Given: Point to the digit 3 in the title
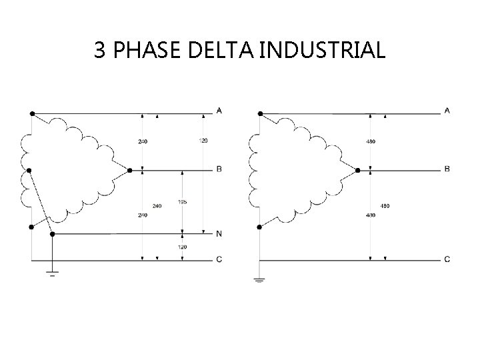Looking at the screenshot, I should click(99, 49).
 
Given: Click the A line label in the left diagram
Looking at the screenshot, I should click(219, 111).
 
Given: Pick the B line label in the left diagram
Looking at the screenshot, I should click(219, 169).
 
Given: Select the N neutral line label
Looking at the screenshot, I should click(219, 233).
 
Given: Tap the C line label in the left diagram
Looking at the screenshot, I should click(219, 259).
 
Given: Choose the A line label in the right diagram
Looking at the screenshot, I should click(447, 111).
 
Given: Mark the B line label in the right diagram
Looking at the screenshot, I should click(447, 169).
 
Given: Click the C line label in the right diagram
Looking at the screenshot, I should click(447, 259).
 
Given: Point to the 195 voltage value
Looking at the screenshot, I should click(182, 201).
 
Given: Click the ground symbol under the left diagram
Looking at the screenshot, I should click(53, 271).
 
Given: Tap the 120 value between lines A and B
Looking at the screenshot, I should click(203, 141).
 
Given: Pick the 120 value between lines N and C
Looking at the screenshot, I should click(182, 247).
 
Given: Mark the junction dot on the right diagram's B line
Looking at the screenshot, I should click(357, 171).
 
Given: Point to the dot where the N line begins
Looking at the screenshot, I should click(53, 233).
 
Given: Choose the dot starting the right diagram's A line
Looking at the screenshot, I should click(259, 113).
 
